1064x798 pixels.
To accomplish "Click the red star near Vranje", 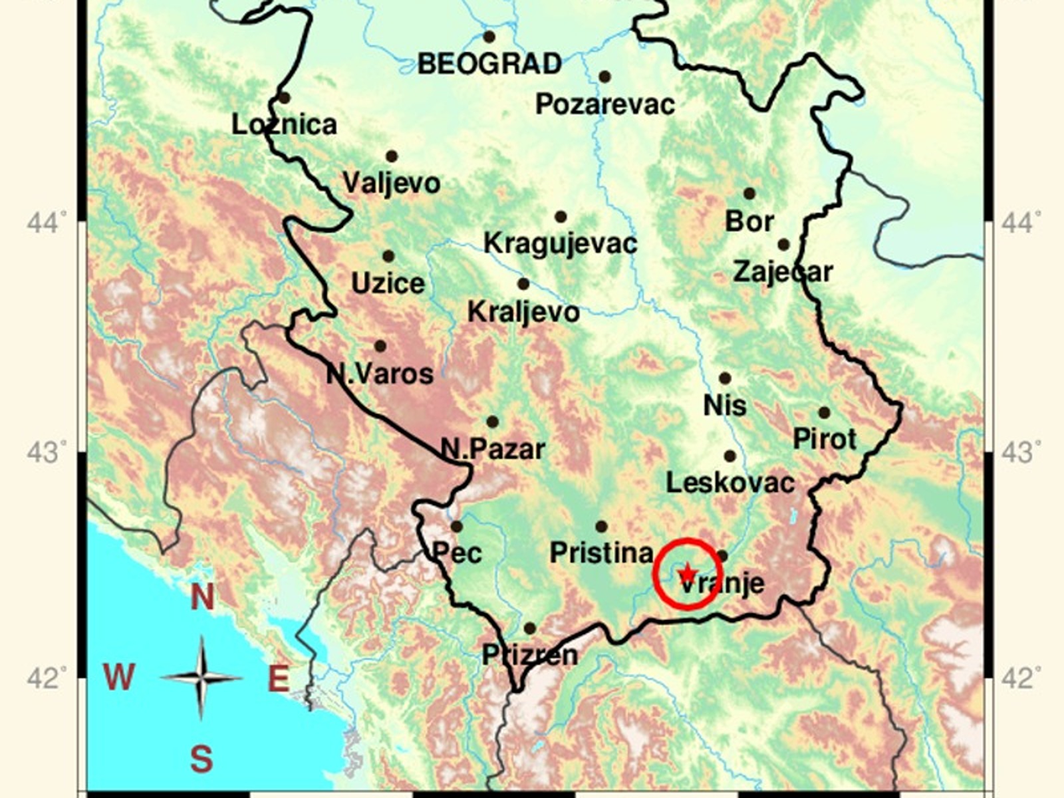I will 687,573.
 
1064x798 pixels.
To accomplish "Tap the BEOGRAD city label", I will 489,64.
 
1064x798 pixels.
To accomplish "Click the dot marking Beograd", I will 489,37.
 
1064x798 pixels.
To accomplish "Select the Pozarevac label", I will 605,104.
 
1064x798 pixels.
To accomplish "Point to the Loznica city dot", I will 284,98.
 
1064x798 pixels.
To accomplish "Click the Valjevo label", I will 391,183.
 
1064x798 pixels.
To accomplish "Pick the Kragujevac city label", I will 560,243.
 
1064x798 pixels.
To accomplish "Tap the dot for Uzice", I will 388,256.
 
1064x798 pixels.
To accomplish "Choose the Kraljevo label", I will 523,311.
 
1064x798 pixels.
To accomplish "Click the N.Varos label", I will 380,374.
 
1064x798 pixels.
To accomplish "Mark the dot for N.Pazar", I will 493,422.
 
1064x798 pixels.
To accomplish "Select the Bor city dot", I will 749,194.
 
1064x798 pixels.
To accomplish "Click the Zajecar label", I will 783,272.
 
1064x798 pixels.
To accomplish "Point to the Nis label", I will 725,405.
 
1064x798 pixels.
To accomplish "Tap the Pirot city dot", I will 825,412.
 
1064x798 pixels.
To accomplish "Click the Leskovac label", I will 730,483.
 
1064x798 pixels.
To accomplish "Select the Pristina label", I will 601,553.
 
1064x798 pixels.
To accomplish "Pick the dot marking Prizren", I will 530,628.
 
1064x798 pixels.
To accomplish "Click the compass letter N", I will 202,597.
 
